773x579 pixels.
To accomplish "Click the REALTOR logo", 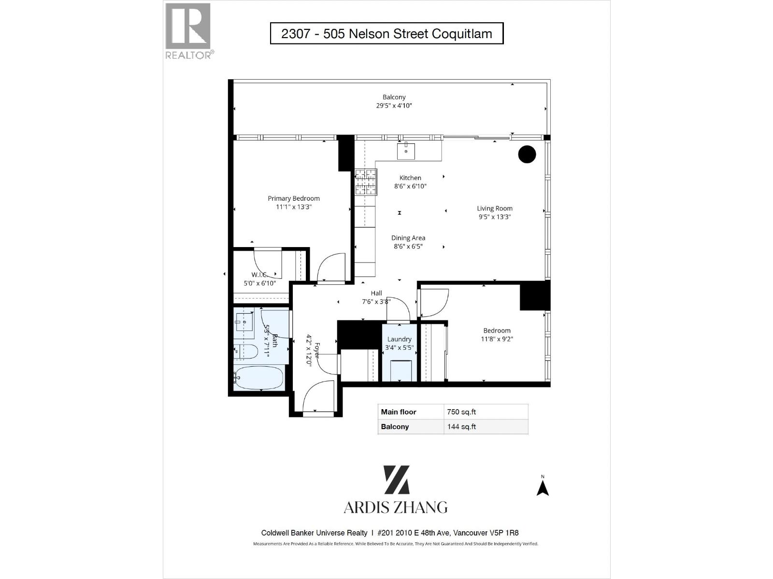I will pos(188,30).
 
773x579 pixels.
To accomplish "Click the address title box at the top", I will pos(386,34).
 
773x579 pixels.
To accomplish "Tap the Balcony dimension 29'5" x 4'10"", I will pos(394,106).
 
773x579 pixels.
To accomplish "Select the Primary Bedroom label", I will pos(294,198).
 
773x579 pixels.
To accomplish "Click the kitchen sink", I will pos(406,151).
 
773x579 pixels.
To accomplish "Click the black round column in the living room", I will pos(527,154).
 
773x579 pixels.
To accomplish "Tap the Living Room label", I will pos(495,208).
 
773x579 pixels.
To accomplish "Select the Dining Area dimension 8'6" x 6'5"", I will pos(408,246).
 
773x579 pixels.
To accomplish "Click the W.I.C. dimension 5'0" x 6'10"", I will pos(260,283).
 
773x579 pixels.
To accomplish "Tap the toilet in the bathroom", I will pos(246,352).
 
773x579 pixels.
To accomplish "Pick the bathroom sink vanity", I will pos(244,322).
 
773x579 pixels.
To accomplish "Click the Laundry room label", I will pos(399,339).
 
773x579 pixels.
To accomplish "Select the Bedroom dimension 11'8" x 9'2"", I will pos(497,339).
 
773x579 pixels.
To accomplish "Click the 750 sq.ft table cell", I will pos(486,412).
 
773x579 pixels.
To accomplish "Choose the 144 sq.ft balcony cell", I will pos(486,427).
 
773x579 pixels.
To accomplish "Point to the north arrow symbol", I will pos(543,487).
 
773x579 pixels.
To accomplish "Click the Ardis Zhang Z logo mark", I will pos(397,480).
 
